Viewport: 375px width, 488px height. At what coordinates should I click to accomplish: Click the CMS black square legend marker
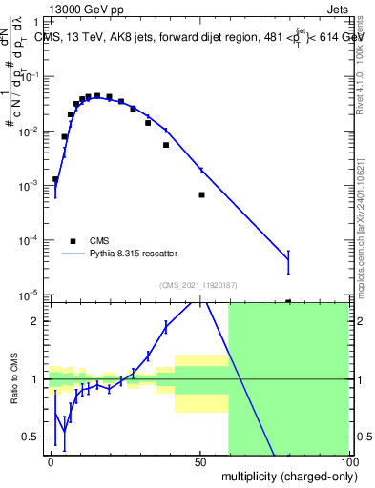(72, 241)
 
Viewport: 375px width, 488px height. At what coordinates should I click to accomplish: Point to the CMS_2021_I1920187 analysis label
(198, 285)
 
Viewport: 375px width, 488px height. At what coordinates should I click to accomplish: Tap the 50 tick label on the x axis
(200, 461)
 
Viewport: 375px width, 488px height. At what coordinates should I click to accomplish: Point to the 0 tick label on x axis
(51, 461)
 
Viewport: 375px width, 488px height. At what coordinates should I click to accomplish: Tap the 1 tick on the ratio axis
(37, 379)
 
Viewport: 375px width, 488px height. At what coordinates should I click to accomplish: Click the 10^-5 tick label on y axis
(31, 295)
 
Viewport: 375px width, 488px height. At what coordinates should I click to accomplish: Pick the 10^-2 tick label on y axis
(31, 132)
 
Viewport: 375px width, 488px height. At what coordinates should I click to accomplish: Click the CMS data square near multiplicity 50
(201, 194)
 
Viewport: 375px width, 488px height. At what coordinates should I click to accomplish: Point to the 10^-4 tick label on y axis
(31, 241)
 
